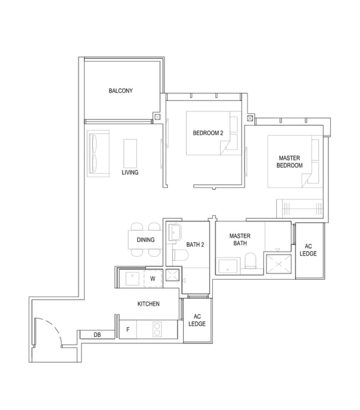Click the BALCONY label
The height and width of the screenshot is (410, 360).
(x=121, y=90)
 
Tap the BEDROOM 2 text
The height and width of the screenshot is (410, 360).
(x=208, y=133)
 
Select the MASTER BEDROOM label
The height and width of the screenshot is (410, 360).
(x=290, y=161)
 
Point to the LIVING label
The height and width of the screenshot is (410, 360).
(x=130, y=172)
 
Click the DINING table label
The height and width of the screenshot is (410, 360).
(x=145, y=240)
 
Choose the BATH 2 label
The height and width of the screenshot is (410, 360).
(x=195, y=245)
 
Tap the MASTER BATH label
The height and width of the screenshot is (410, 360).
(x=240, y=240)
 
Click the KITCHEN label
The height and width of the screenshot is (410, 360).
(x=148, y=304)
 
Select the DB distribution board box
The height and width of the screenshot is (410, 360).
(x=97, y=334)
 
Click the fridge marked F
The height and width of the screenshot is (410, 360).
(x=128, y=330)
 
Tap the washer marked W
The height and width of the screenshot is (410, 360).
(x=153, y=278)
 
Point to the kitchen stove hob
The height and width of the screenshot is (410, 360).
(x=157, y=329)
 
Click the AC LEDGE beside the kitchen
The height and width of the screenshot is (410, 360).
(x=197, y=320)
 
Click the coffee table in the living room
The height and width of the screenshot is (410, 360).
(x=130, y=152)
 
